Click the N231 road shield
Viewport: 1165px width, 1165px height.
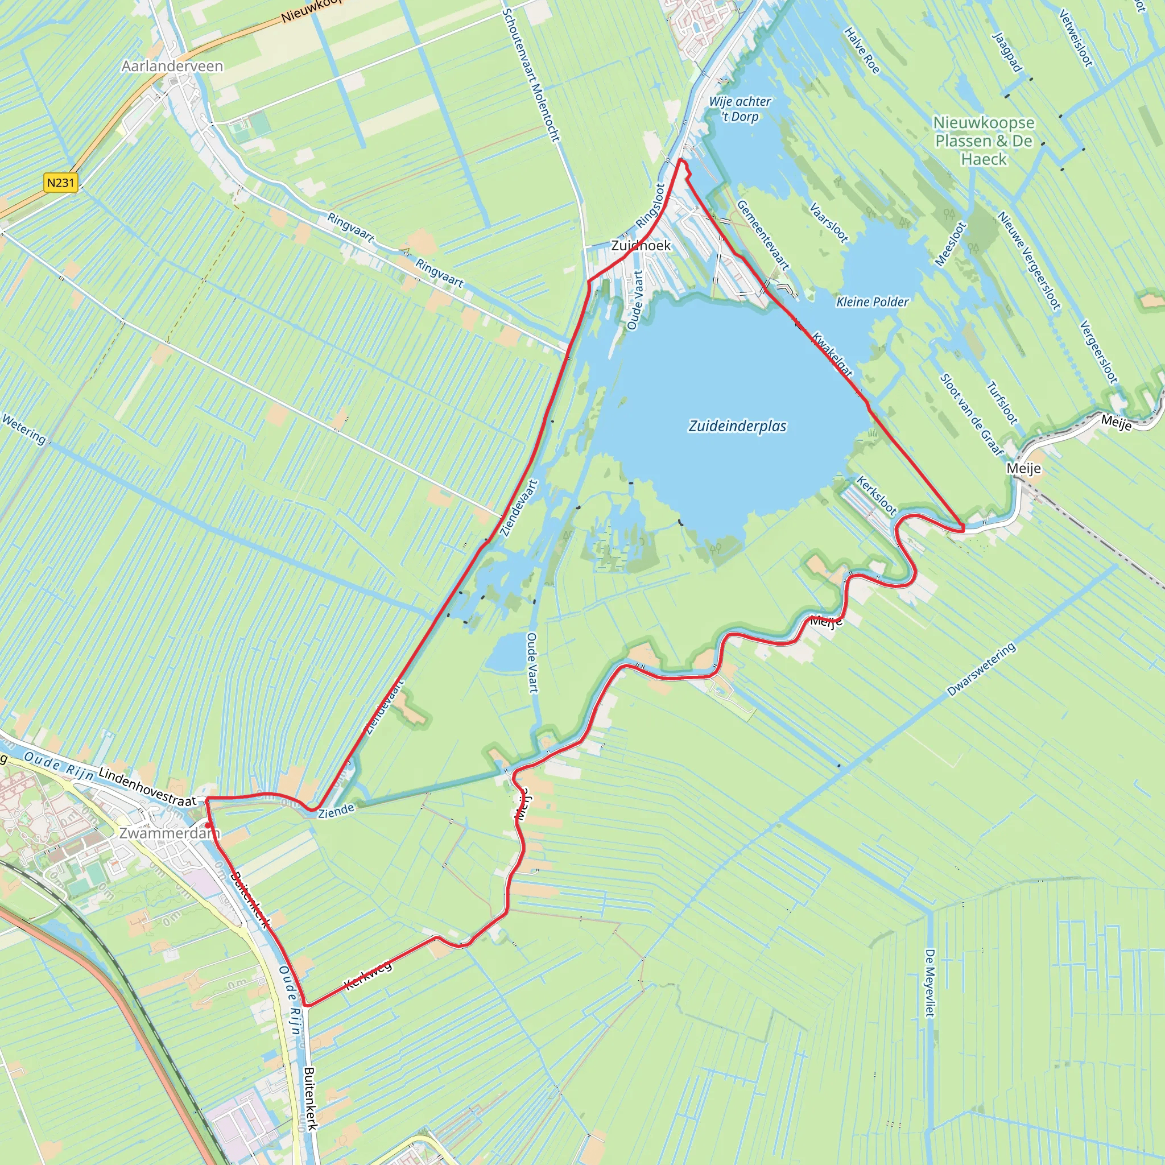click(x=61, y=182)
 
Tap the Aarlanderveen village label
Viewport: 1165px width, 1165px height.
click(x=172, y=67)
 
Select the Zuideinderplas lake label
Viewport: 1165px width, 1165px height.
click(x=737, y=426)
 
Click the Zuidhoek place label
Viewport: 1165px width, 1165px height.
click(x=641, y=245)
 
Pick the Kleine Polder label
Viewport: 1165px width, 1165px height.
click(x=872, y=301)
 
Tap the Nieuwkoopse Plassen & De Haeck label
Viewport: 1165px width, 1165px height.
click(x=984, y=141)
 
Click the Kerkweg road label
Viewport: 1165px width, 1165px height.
click(x=368, y=976)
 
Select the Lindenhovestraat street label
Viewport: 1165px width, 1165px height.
click(x=148, y=786)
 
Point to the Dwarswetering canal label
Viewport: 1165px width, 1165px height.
click(x=981, y=670)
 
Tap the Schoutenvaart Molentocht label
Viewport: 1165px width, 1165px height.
click(x=531, y=76)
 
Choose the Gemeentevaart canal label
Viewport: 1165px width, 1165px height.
click(x=763, y=235)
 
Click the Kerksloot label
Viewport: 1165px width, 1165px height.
click(x=877, y=495)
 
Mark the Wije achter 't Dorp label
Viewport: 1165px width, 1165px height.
click(x=740, y=109)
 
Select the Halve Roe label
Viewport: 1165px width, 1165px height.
click(x=861, y=51)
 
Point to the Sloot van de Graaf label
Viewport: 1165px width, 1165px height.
click(x=972, y=415)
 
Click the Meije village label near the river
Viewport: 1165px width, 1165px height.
click(x=1023, y=469)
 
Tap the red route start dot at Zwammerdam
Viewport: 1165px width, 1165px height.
click(x=208, y=825)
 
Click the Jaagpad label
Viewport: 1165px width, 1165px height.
click(x=1007, y=52)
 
